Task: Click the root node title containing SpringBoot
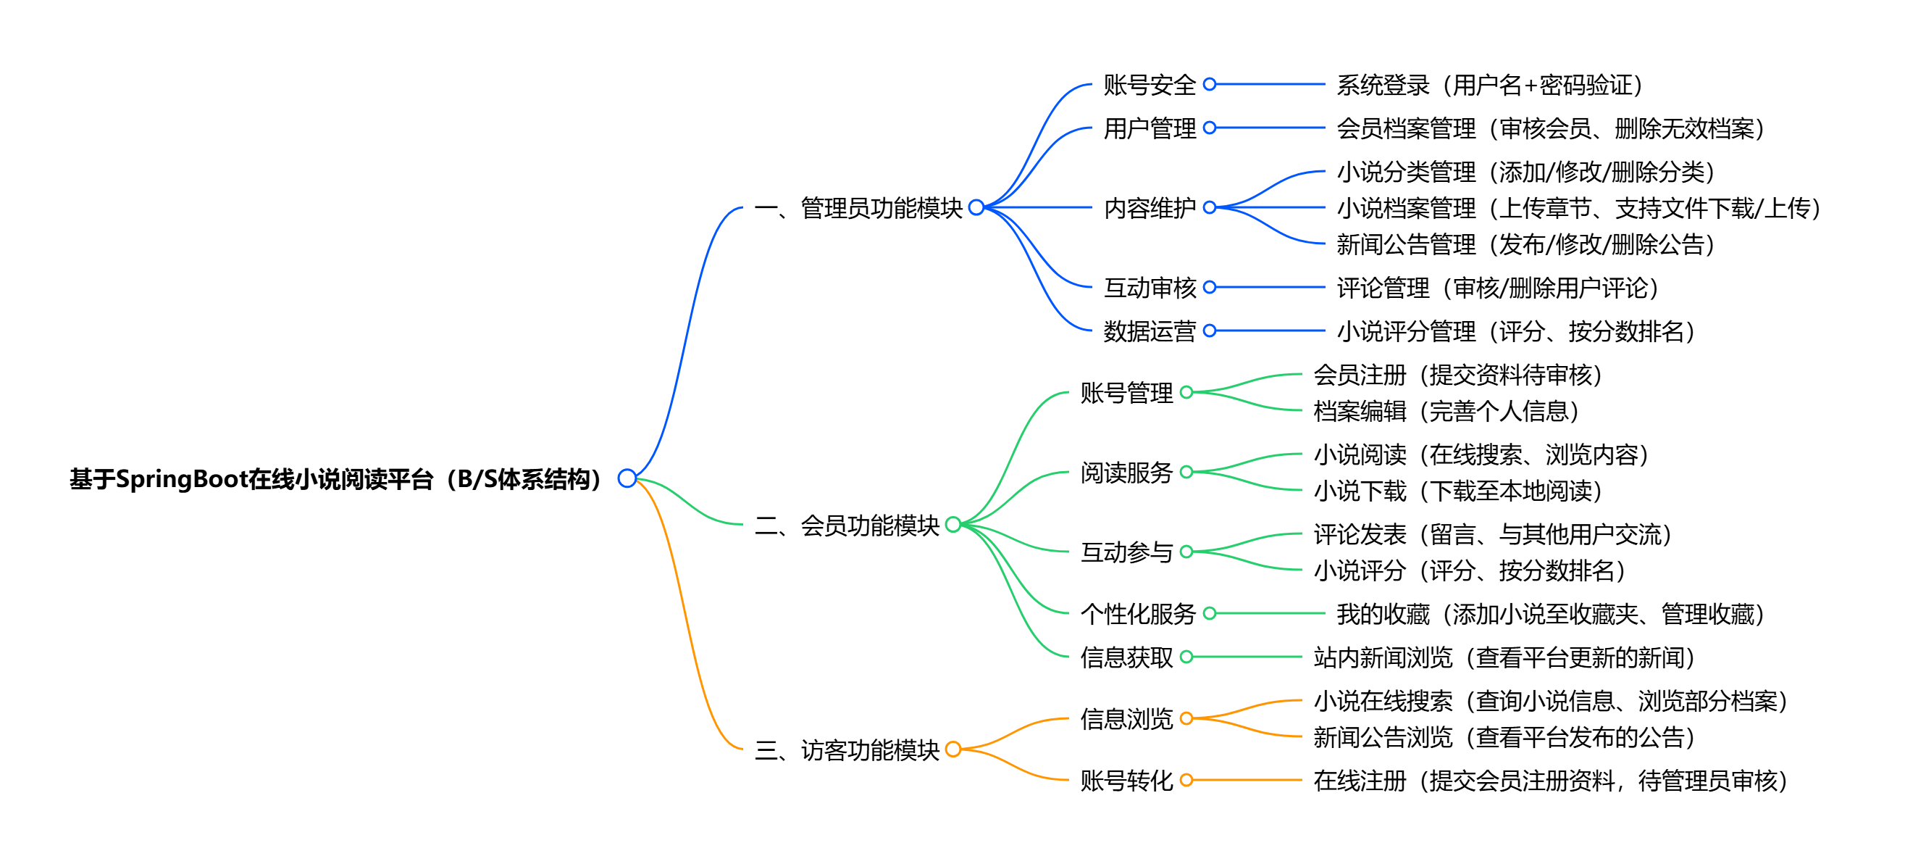334,478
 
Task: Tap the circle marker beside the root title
627,478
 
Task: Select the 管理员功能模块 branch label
858,208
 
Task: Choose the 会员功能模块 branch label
847,526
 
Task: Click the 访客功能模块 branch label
847,750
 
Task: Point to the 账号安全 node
1150,85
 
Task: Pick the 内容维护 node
1150,208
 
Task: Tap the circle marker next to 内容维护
1210,208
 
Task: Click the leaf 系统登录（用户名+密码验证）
1489,85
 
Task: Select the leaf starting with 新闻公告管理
1525,244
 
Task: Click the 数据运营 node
1150,331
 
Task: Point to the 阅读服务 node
1126,473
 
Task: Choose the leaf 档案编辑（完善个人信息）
1446,411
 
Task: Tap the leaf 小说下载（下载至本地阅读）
1457,491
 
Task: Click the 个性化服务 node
1138,614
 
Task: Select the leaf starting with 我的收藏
1550,614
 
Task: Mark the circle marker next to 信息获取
1187,657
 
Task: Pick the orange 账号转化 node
1126,781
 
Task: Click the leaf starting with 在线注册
1550,781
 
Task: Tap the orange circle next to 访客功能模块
953,749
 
